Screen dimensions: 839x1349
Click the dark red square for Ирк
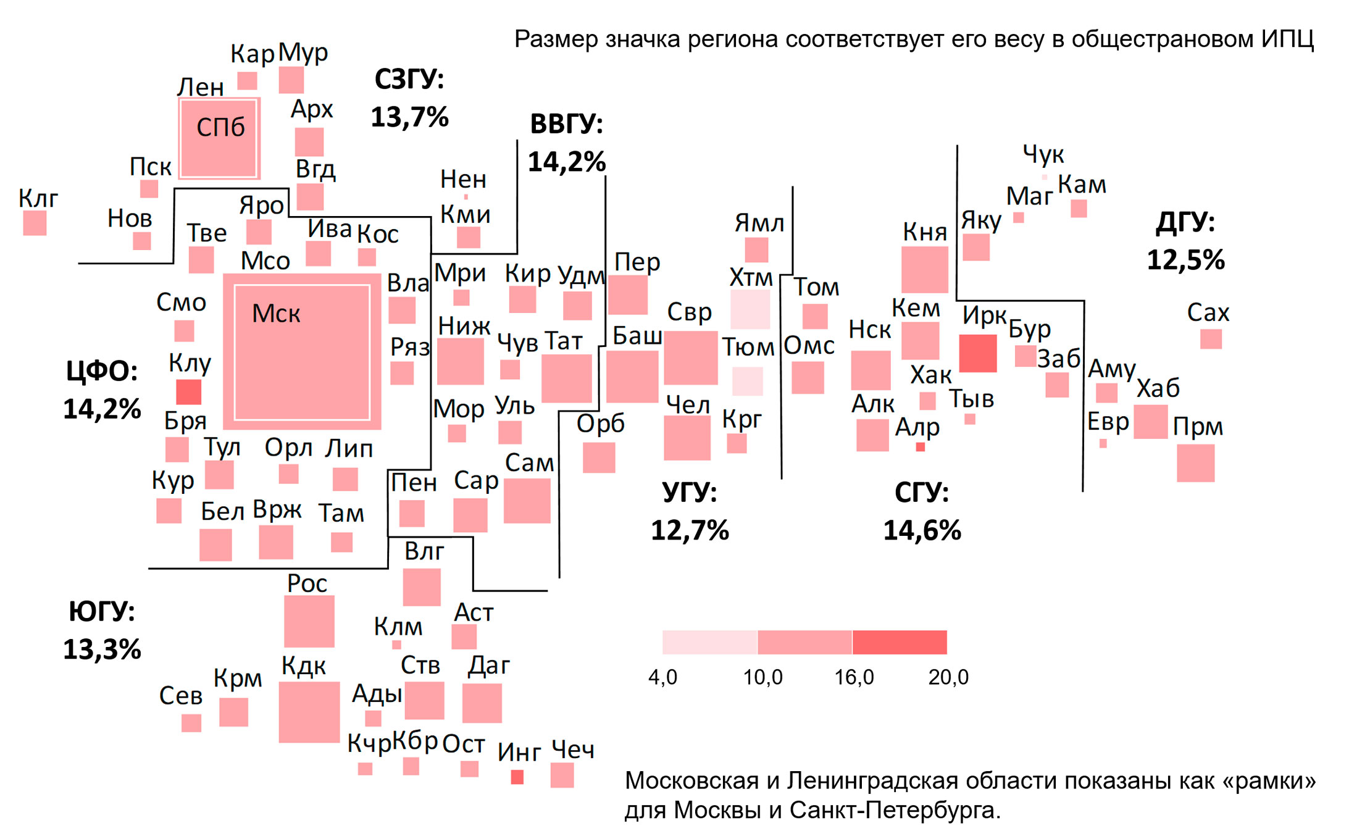[977, 353]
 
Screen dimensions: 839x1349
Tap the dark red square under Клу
[188, 392]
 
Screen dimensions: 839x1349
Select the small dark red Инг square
[517, 777]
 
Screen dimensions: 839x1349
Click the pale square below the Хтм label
[750, 309]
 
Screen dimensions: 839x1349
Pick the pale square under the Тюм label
[748, 381]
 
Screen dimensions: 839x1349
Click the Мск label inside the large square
[276, 314]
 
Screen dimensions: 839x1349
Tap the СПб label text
[220, 127]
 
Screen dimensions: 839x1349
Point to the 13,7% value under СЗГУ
[409, 117]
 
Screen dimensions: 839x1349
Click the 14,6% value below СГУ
[922, 530]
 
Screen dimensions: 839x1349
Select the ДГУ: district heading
[1185, 222]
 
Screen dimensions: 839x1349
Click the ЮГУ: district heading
[102, 611]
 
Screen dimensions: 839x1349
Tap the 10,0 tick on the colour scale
[762, 677]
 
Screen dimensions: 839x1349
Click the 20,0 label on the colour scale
[948, 677]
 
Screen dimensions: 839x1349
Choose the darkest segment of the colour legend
[900, 642]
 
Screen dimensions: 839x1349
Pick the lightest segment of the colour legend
[709, 642]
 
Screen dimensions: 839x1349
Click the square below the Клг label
[35, 223]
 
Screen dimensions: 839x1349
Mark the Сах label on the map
[1208, 312]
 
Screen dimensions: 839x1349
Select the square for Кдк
[309, 712]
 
